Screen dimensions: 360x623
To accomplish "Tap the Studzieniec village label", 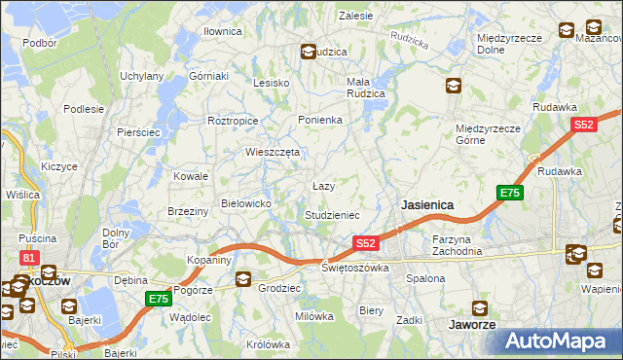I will click(333, 214).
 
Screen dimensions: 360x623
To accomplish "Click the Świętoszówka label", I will click(355, 267).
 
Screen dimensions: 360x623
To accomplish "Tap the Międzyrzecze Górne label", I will click(490, 133).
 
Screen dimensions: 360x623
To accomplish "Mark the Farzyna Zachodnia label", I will click(458, 244).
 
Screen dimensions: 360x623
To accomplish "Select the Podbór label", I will click(39, 43).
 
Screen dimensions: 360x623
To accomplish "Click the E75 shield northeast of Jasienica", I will click(510, 194).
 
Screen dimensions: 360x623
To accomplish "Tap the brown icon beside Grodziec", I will click(242, 281).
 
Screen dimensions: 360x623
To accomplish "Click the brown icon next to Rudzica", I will click(308, 52).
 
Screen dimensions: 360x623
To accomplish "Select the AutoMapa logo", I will click(559, 341).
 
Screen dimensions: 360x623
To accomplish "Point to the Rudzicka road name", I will click(409, 39).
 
